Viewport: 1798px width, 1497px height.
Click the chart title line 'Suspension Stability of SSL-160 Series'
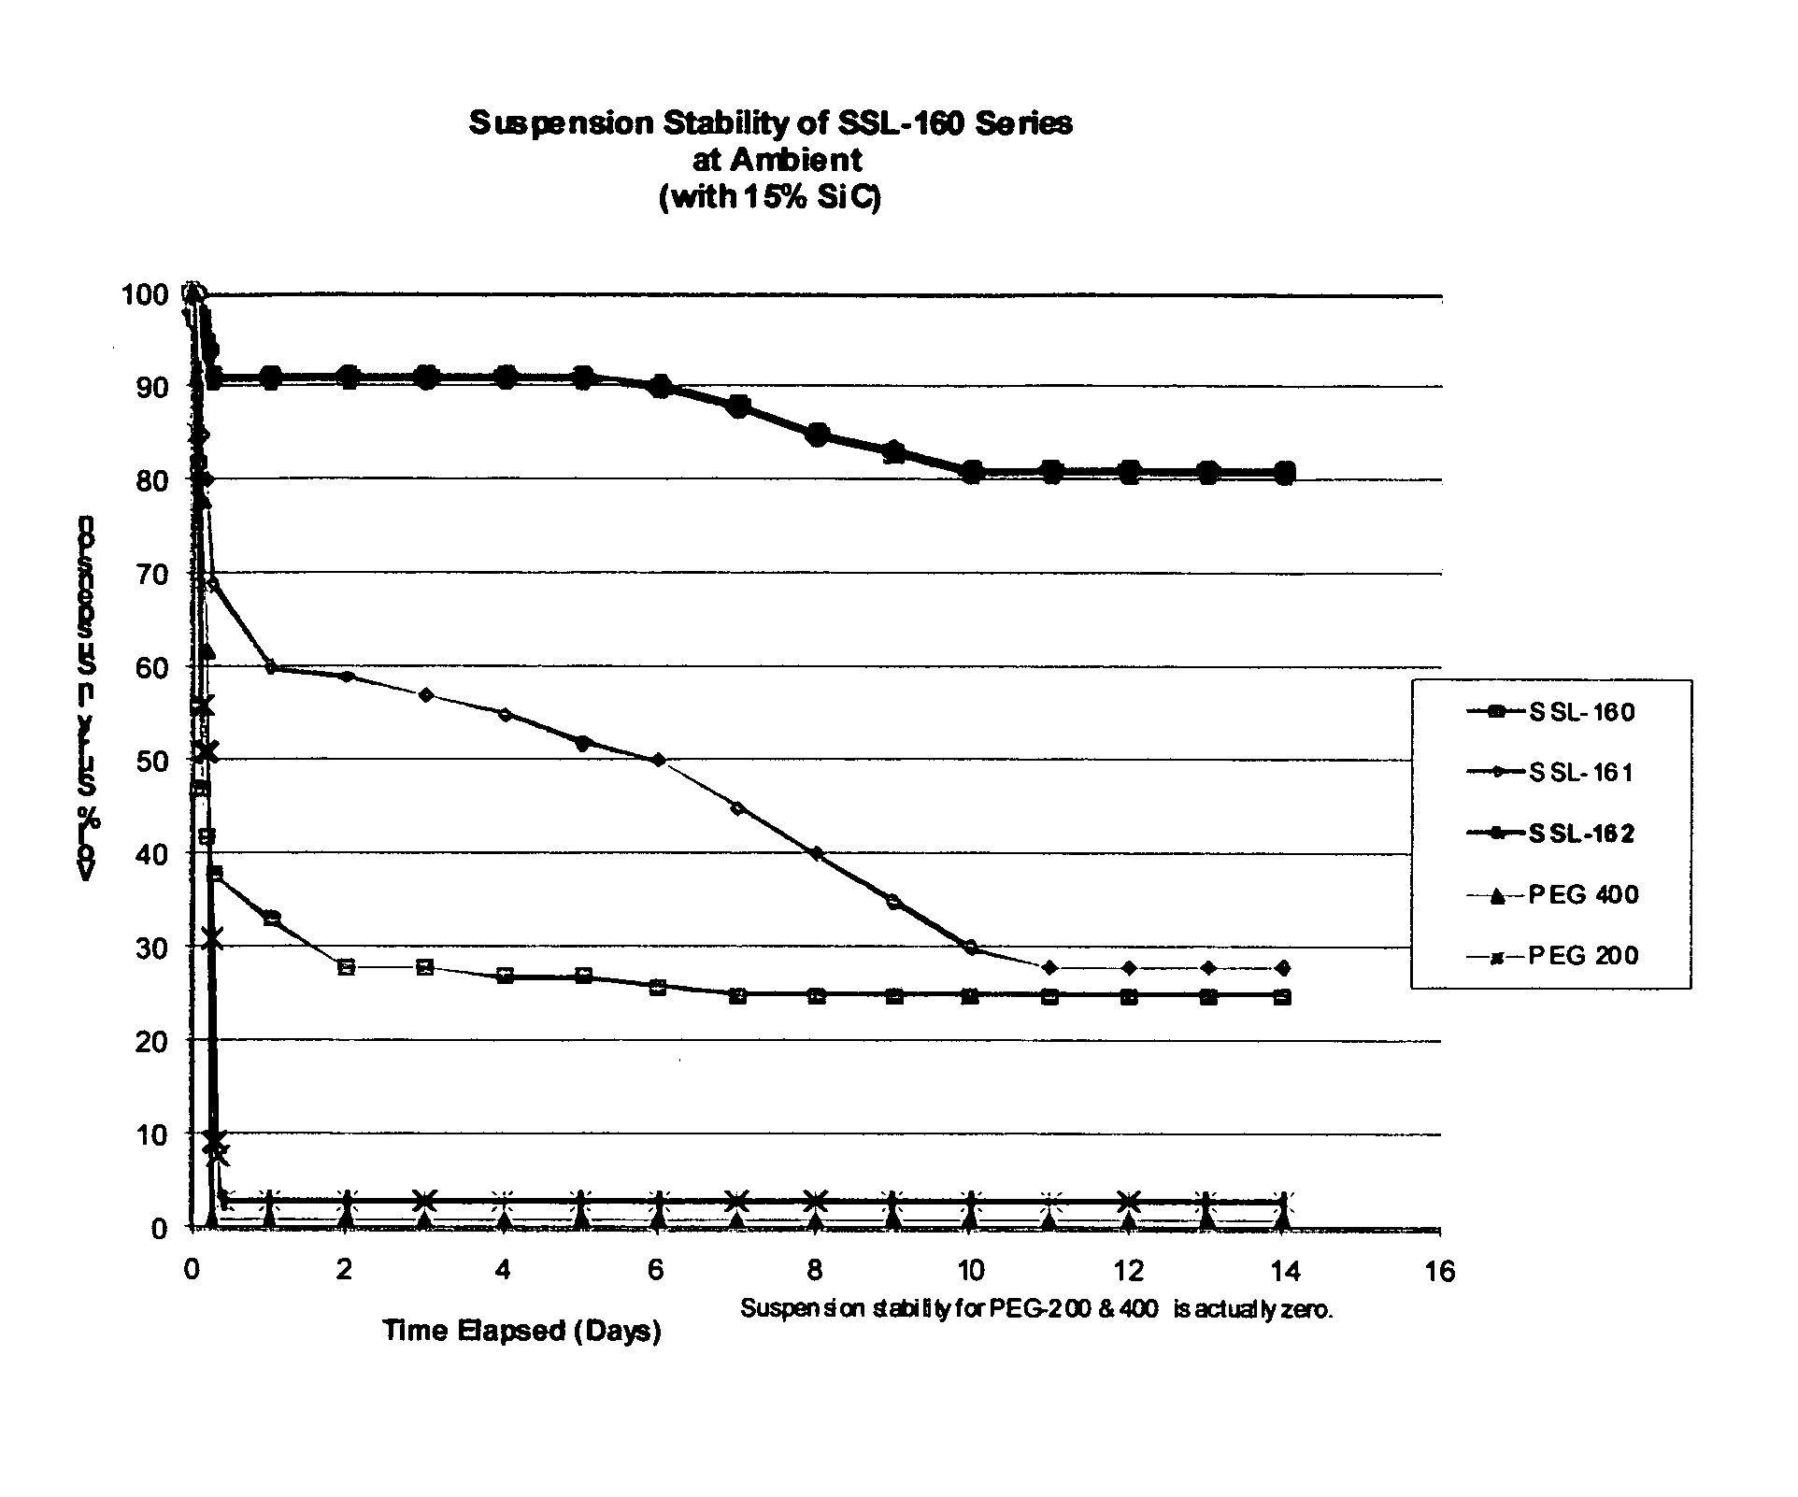coord(770,123)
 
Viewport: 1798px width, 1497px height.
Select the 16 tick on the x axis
coord(1440,1272)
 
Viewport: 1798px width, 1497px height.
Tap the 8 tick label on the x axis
coord(815,1272)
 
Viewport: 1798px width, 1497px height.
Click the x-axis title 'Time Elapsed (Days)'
coord(521,1330)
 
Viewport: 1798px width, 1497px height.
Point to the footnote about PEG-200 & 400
coord(1036,1309)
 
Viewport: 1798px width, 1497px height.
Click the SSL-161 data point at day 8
coord(817,853)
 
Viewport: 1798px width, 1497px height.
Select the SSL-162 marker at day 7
coord(738,406)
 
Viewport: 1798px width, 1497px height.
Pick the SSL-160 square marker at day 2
coord(347,966)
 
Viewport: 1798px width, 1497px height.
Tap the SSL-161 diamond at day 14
coord(1284,967)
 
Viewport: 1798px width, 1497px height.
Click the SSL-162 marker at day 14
coord(1284,472)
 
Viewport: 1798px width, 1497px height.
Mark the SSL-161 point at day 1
coord(271,667)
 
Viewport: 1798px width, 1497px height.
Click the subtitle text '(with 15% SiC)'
coord(770,199)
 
